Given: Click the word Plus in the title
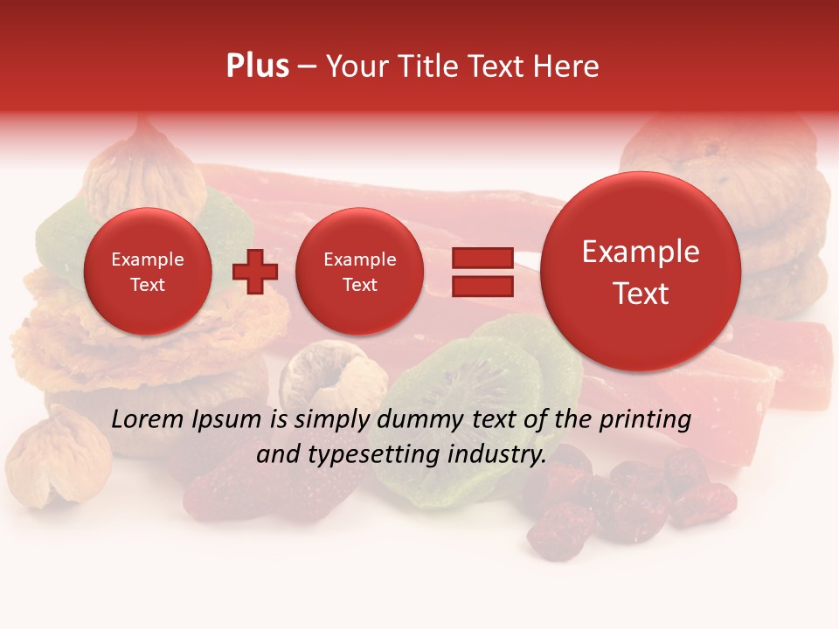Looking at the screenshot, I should pyautogui.click(x=257, y=66).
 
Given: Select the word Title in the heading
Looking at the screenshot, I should pyautogui.click(x=421, y=66).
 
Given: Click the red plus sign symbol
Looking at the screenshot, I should pyautogui.click(x=255, y=272).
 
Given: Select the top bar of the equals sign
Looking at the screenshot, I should pyautogui.click(x=482, y=258).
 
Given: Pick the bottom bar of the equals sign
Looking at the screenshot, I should pyautogui.click(x=482, y=286).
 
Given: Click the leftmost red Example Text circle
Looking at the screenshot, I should pyautogui.click(x=147, y=272).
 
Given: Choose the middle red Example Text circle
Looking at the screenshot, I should pyautogui.click(x=359, y=272).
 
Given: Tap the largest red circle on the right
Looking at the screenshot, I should pyautogui.click(x=641, y=272).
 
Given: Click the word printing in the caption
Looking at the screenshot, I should pyautogui.click(x=644, y=419).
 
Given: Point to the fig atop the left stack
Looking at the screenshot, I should pyautogui.click(x=144, y=162).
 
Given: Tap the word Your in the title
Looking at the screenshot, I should pyautogui.click(x=354, y=66).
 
